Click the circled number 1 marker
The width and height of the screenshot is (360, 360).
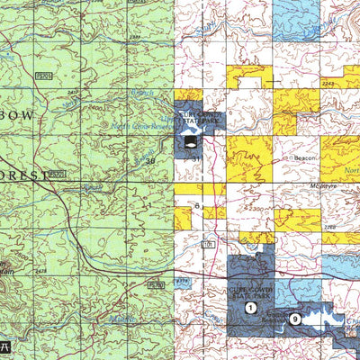coord(248,308)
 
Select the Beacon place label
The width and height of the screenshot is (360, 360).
coord(301,157)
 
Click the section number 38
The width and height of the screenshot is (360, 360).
coord(150,161)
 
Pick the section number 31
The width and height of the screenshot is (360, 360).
coord(194,159)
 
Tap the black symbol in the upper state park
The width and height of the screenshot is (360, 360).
coord(190,141)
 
